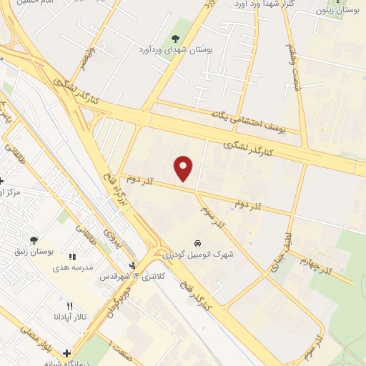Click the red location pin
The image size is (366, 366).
coord(184,168)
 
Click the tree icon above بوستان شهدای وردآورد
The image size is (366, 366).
coord(175,38)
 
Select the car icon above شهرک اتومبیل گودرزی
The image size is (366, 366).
coord(197,242)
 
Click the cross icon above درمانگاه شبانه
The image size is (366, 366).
coord(67,352)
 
